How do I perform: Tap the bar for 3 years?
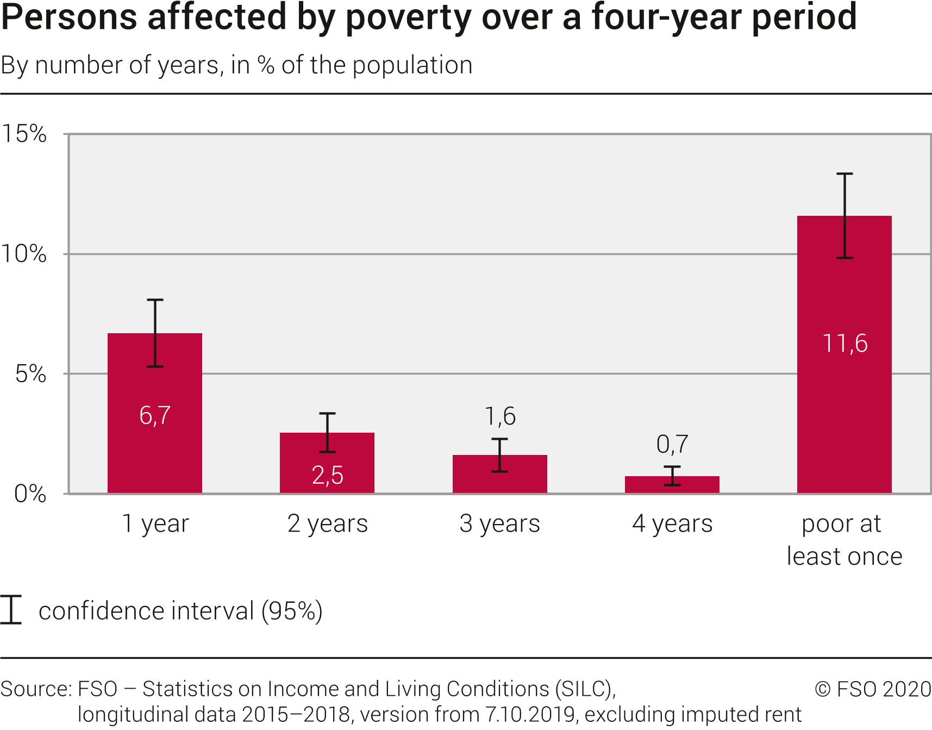[x=499, y=478]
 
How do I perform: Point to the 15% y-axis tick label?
[x=24, y=134]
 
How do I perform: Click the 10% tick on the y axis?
[x=24, y=254]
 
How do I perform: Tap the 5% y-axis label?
[x=30, y=374]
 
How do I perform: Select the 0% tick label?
[x=30, y=494]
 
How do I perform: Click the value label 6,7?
[x=155, y=416]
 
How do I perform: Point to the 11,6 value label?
[x=845, y=344]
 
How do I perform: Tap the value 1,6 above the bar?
[x=500, y=416]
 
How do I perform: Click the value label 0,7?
[x=672, y=445]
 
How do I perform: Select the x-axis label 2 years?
[x=328, y=524]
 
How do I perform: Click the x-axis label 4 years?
[x=672, y=524]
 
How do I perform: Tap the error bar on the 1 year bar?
[x=155, y=333]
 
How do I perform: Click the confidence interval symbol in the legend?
[x=11, y=610]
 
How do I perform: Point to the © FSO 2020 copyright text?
[x=873, y=689]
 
